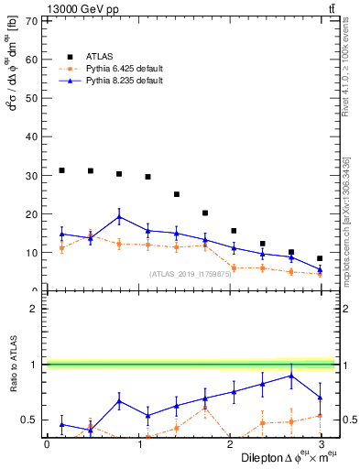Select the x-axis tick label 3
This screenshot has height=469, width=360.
[321, 443]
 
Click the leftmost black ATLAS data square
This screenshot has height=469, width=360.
[61, 170]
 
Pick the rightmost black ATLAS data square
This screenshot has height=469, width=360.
[320, 258]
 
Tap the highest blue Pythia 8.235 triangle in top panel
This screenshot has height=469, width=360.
[120, 217]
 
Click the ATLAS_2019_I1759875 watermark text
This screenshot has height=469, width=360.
[190, 274]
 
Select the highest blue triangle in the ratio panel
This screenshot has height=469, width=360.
[291, 376]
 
